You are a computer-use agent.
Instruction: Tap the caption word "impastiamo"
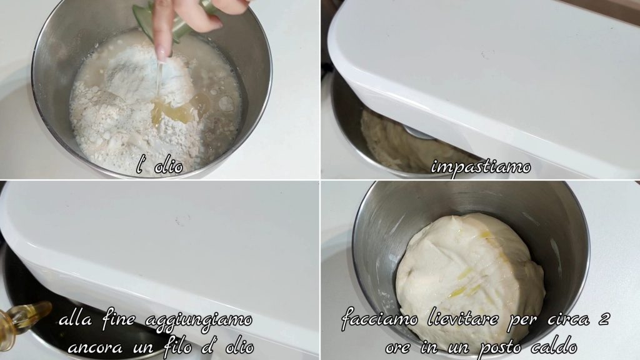481,167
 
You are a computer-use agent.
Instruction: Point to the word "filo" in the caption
178,346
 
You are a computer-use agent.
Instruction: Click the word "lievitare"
462,318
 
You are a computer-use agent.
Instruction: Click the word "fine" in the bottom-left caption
119,318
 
